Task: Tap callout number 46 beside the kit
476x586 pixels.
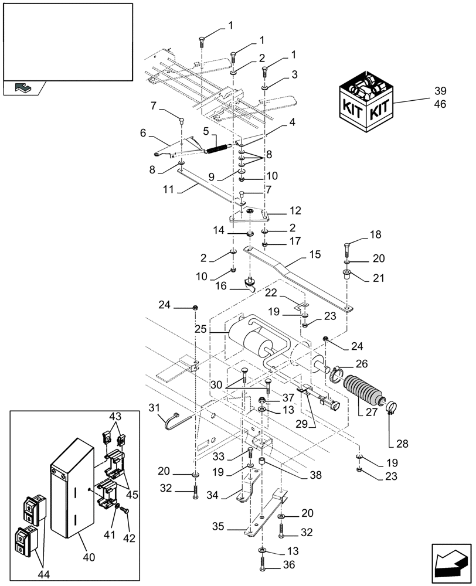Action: [x=440, y=105]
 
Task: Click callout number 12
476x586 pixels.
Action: [x=294, y=209]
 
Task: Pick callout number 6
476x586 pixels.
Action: [x=143, y=133]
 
